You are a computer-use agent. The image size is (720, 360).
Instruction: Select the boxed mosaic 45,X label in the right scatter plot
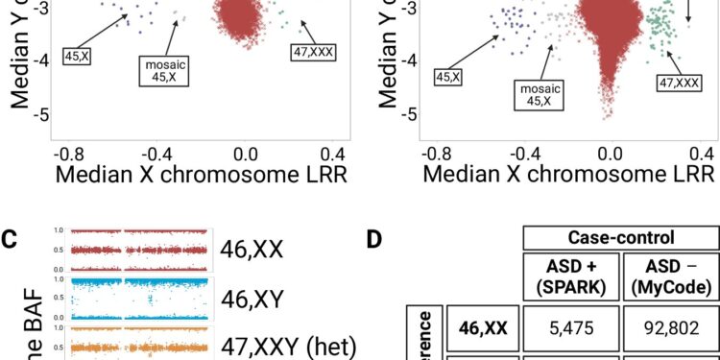click(541, 94)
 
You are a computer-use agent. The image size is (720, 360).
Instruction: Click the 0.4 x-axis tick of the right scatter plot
click(700, 154)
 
